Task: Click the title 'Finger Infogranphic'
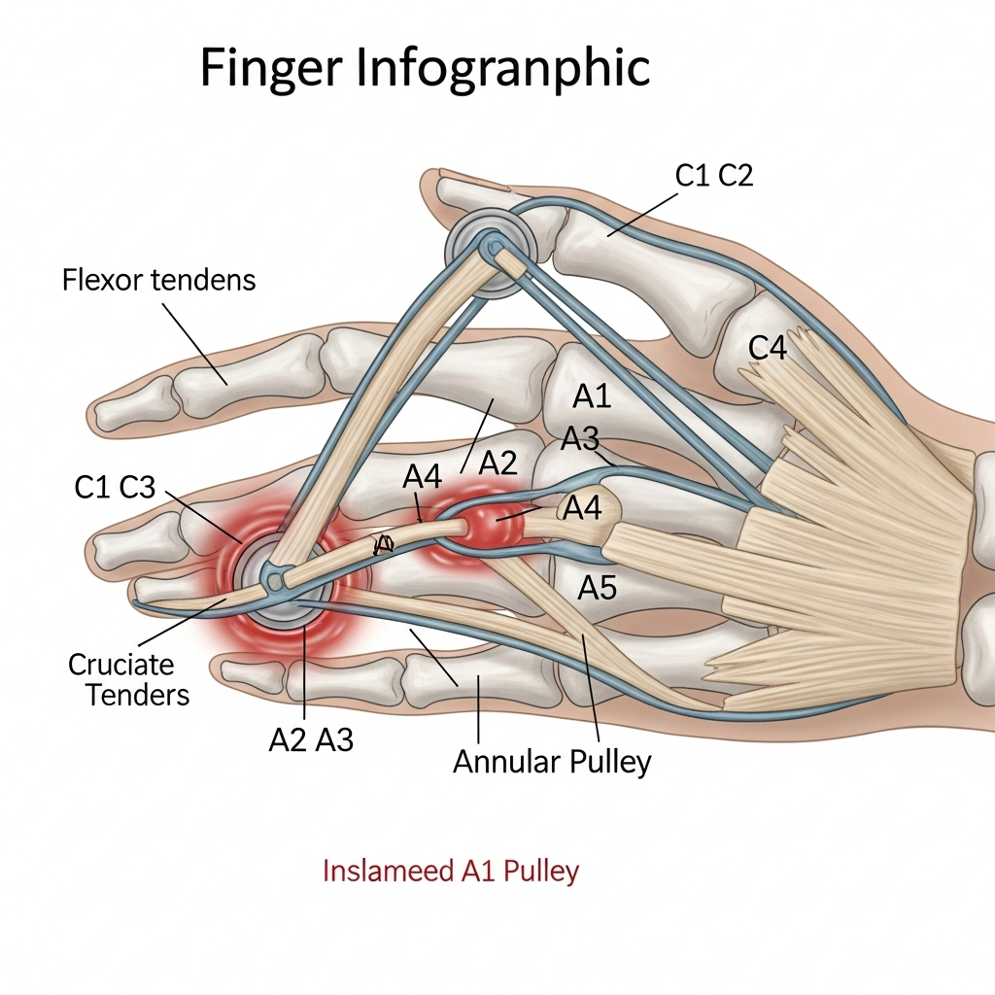(x=425, y=69)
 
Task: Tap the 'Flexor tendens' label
(x=158, y=281)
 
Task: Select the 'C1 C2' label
(x=714, y=175)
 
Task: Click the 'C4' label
(x=768, y=348)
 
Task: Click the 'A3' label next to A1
(x=580, y=439)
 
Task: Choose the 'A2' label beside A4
(x=498, y=463)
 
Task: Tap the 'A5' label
(x=598, y=587)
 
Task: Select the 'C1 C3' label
(x=115, y=488)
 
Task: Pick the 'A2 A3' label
(x=310, y=740)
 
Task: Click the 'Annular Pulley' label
(x=552, y=762)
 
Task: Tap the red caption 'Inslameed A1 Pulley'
(x=450, y=870)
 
